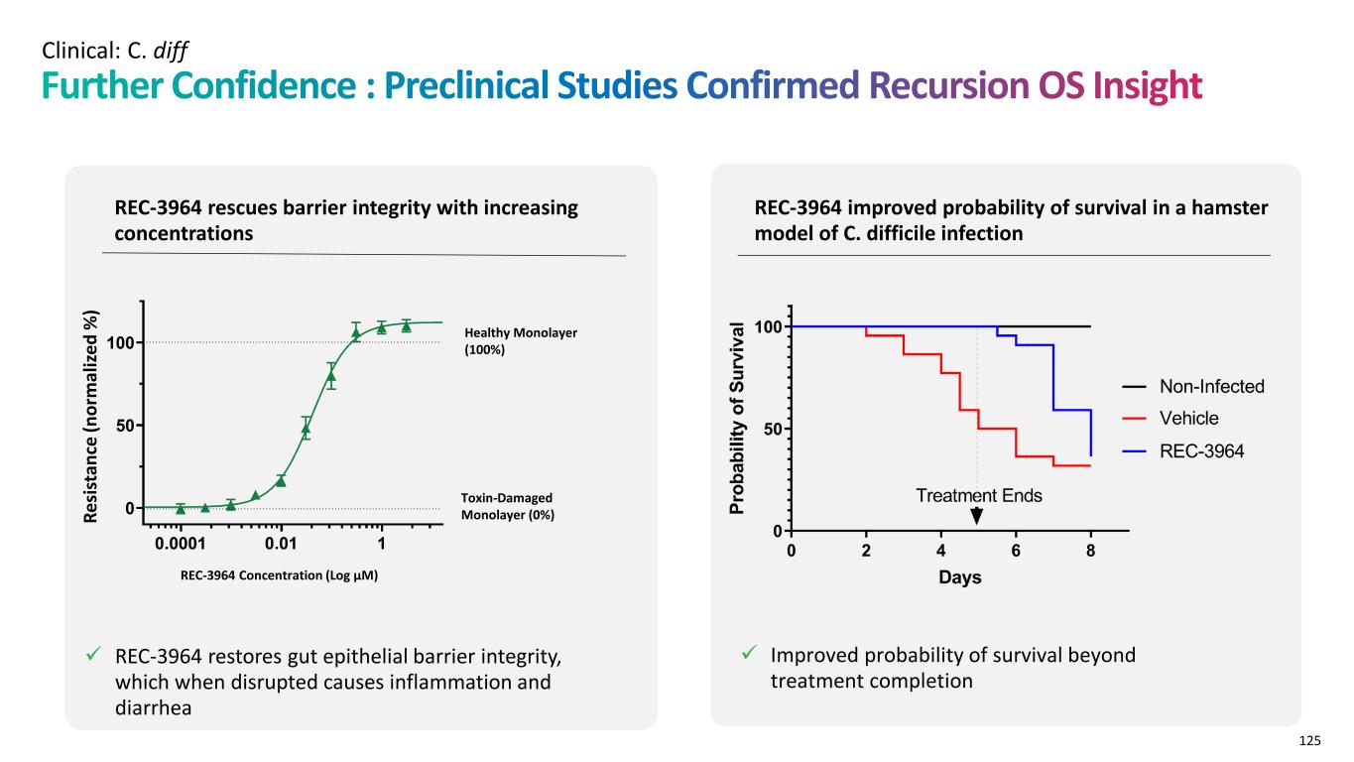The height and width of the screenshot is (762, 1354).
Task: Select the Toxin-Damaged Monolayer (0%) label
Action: pyautogui.click(x=507, y=506)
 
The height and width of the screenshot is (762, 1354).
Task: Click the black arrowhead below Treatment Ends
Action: pyautogui.click(x=977, y=516)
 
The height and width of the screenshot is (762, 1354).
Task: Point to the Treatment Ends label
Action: pyautogui.click(x=978, y=495)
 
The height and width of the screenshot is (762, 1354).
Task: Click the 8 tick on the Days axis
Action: pyautogui.click(x=1090, y=551)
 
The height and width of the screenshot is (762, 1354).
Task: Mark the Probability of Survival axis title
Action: pyautogui.click(x=736, y=419)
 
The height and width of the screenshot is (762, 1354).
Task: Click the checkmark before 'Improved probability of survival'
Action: pyautogui.click(x=751, y=653)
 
